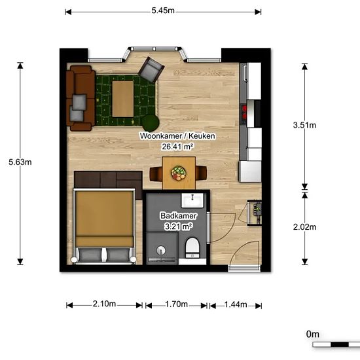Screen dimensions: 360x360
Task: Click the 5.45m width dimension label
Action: pyautogui.click(x=163, y=10)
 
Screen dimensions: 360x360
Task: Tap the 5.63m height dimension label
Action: pyautogui.click(x=20, y=162)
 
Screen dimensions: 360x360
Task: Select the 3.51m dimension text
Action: pyautogui.click(x=304, y=125)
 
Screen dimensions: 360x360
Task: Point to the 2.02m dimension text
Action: pyautogui.click(x=304, y=227)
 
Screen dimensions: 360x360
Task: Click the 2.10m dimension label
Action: pyautogui.click(x=104, y=304)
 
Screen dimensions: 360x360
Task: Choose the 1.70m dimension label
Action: pyautogui.click(x=176, y=304)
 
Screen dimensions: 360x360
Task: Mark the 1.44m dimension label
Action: pyautogui.click(x=236, y=304)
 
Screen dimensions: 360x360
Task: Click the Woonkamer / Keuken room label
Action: pyautogui.click(x=177, y=135)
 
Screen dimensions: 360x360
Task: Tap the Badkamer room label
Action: pyautogui.click(x=179, y=216)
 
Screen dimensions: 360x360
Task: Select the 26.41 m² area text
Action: pyautogui.click(x=177, y=147)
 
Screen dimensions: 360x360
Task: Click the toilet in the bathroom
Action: pyautogui.click(x=192, y=248)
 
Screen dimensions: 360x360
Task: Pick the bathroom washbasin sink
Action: pyautogui.click(x=192, y=200)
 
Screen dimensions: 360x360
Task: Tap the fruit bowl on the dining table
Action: pyautogui.click(x=179, y=173)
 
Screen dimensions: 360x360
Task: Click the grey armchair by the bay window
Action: pyautogui.click(x=151, y=69)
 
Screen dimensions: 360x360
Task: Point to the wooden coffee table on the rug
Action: pyautogui.click(x=123, y=99)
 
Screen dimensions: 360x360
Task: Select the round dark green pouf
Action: pyautogui.click(x=151, y=123)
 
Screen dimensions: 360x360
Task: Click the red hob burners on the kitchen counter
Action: pyautogui.click(x=244, y=113)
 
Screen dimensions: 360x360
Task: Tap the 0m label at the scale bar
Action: pyautogui.click(x=313, y=334)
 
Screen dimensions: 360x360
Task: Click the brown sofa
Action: pyautogui.click(x=81, y=98)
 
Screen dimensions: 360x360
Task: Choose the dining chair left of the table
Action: pyautogui.click(x=156, y=173)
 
